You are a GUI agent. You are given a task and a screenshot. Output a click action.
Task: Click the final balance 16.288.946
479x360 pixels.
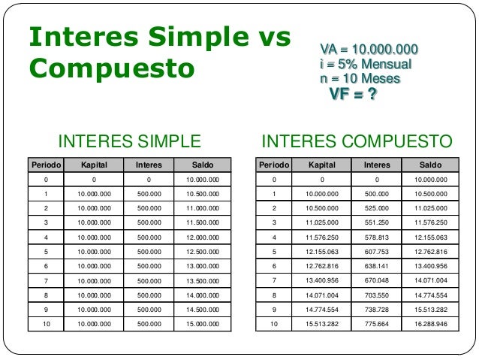coord(431,324)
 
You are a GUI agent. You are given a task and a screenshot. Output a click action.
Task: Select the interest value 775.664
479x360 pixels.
coord(376,324)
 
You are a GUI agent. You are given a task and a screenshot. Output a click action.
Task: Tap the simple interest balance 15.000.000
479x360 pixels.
coord(201,324)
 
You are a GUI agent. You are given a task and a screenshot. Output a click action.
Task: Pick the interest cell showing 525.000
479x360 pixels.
coord(376,207)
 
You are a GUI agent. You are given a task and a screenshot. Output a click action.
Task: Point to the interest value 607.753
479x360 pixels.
coord(376,251)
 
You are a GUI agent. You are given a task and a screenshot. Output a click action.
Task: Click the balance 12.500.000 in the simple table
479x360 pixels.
coord(201,251)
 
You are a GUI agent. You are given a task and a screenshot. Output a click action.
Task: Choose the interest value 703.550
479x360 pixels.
coord(376,295)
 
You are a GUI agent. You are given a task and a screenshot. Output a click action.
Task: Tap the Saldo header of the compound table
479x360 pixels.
coord(431,165)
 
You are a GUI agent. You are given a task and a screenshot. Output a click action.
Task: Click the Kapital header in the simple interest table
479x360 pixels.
coord(94,165)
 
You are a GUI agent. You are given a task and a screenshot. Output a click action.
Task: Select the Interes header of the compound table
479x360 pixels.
coord(376,165)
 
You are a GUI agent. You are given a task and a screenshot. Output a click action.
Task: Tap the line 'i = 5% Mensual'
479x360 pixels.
coord(366,65)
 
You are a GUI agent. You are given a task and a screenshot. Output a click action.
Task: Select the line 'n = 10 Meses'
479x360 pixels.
coord(360,78)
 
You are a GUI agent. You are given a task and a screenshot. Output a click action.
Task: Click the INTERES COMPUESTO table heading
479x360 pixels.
coord(356,141)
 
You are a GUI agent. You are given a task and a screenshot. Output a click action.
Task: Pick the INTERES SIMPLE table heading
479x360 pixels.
coord(130,141)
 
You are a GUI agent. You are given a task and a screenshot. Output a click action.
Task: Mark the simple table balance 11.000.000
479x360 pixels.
coord(201,207)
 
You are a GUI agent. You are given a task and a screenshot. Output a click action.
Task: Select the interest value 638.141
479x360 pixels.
coord(376,265)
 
